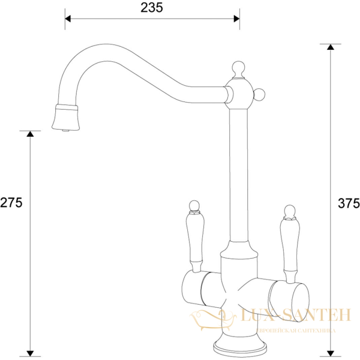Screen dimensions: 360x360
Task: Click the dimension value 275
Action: pyautogui.click(x=11, y=203)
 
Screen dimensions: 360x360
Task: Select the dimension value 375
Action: pyautogui.click(x=349, y=203)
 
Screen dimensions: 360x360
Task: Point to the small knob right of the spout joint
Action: pyautogui.click(x=260, y=94)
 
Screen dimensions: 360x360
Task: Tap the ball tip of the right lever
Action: pyautogui.click(x=289, y=211)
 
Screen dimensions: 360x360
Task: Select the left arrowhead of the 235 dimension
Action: pyautogui.click(x=68, y=19)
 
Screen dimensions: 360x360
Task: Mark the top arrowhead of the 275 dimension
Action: pyautogui.click(x=30, y=134)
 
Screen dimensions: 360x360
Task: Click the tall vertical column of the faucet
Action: pyautogui.click(x=238, y=174)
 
